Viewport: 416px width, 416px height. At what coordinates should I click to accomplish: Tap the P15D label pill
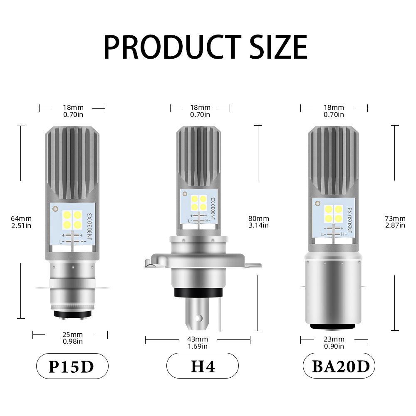(72, 366)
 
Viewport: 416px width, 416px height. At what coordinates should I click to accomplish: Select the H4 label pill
(203, 366)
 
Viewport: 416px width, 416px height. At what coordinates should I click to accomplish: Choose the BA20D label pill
(339, 366)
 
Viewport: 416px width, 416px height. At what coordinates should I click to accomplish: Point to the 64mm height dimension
(21, 222)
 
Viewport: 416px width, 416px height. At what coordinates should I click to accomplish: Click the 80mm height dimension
(259, 222)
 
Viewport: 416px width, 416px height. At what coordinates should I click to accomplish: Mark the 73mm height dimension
(395, 222)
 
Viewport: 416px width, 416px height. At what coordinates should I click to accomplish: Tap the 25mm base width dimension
(73, 338)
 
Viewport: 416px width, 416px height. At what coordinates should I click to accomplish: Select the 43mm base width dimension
(198, 342)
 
